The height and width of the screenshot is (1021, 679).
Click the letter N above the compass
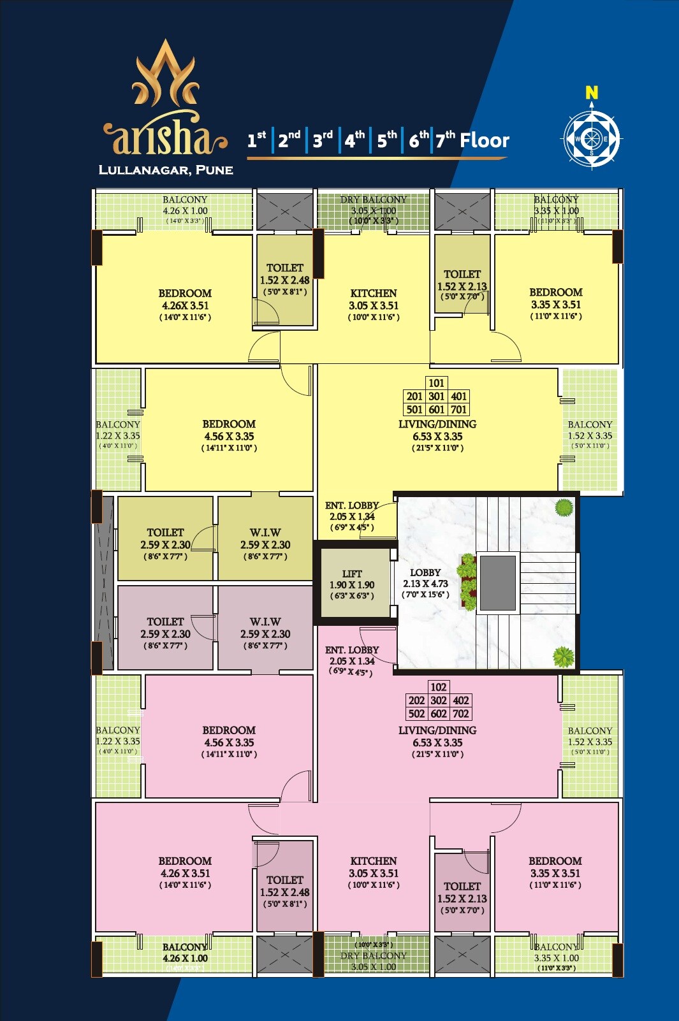coord(592,93)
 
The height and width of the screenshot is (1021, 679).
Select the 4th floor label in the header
coord(354,140)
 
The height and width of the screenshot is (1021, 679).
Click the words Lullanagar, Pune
coord(166,170)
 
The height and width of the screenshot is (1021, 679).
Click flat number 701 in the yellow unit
coord(458,410)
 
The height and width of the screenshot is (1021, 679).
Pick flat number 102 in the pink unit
coord(438,687)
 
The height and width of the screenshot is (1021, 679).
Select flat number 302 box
coord(439,700)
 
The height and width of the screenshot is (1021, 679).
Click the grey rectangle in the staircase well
coord(497,583)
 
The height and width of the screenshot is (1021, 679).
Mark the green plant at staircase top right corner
coord(563,508)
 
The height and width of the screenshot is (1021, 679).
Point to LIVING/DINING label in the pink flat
coord(437,730)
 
